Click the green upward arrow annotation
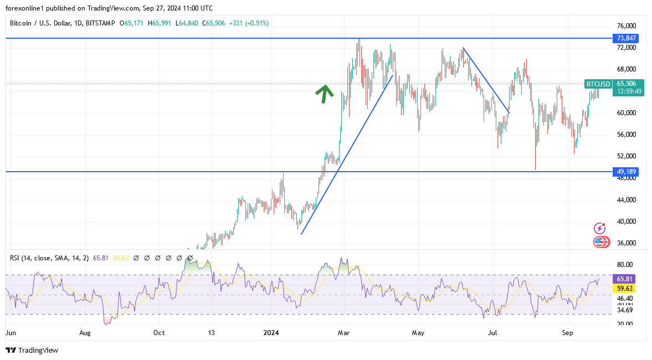click(324, 93)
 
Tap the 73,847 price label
click(626, 38)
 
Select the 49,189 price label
click(626, 172)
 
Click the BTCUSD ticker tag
click(598, 84)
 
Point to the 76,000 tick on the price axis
click(626, 26)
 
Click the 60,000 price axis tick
click(626, 113)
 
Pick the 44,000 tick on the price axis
click(626, 200)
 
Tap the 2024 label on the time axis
click(271, 333)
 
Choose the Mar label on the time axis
click(344, 333)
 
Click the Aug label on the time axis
click(85, 333)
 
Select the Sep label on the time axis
click(567, 333)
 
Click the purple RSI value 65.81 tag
click(625, 279)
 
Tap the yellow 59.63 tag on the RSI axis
click(625, 289)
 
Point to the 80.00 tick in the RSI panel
click(625, 265)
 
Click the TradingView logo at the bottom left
click(32, 350)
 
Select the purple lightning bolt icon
click(599, 228)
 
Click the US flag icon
click(600, 241)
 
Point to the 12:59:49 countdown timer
click(628, 91)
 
